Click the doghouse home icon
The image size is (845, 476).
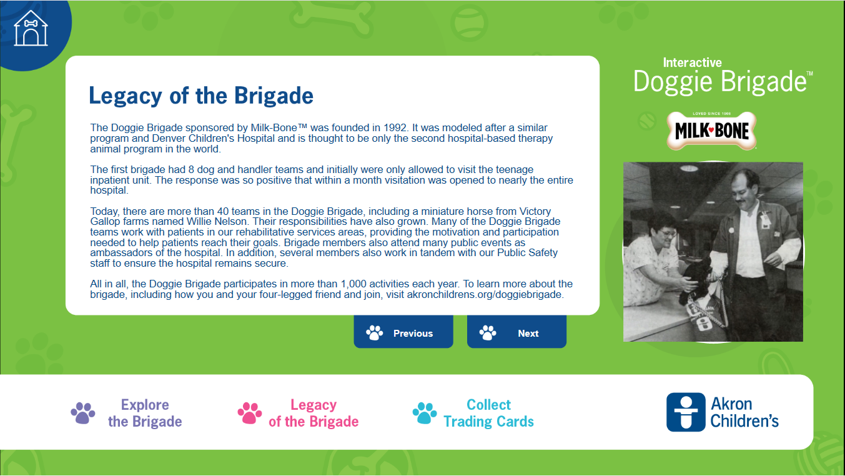(31, 28)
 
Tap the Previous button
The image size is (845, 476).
(403, 332)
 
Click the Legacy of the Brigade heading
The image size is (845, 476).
(201, 96)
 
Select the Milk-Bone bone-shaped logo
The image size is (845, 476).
(711, 131)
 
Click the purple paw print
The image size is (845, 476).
(83, 413)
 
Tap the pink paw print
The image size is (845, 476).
(250, 413)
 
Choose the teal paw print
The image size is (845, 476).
(425, 413)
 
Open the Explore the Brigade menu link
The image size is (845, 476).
(145, 413)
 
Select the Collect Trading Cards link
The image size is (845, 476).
(488, 413)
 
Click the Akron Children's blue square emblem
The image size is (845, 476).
(686, 412)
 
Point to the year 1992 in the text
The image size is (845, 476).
(395, 128)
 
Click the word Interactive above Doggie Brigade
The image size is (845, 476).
(692, 62)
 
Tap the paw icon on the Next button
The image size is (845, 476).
(488, 333)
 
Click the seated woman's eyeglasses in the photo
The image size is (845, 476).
(666, 233)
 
